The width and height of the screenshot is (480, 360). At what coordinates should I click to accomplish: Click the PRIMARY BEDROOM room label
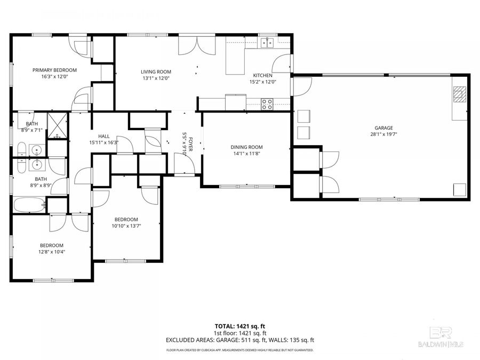(x=54, y=70)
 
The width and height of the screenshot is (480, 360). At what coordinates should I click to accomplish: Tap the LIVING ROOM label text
(x=156, y=72)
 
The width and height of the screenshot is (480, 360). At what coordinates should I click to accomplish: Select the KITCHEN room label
(x=262, y=75)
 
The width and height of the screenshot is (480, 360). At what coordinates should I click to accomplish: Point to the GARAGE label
(x=383, y=128)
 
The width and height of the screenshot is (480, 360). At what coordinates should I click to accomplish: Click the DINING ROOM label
(x=246, y=147)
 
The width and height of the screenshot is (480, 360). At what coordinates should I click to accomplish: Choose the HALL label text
(x=103, y=136)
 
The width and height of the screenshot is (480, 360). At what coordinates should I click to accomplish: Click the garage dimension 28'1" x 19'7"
(x=383, y=134)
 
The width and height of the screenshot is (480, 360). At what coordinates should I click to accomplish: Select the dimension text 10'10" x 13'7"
(x=126, y=226)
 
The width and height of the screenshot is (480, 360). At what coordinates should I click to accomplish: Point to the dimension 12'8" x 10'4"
(x=52, y=252)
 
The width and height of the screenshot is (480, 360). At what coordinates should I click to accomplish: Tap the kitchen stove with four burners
(x=267, y=104)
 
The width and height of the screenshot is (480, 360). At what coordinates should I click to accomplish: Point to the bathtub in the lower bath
(x=29, y=205)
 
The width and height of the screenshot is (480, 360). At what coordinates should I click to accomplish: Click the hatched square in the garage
(x=459, y=94)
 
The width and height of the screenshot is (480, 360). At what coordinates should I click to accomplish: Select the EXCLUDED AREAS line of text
(x=239, y=340)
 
